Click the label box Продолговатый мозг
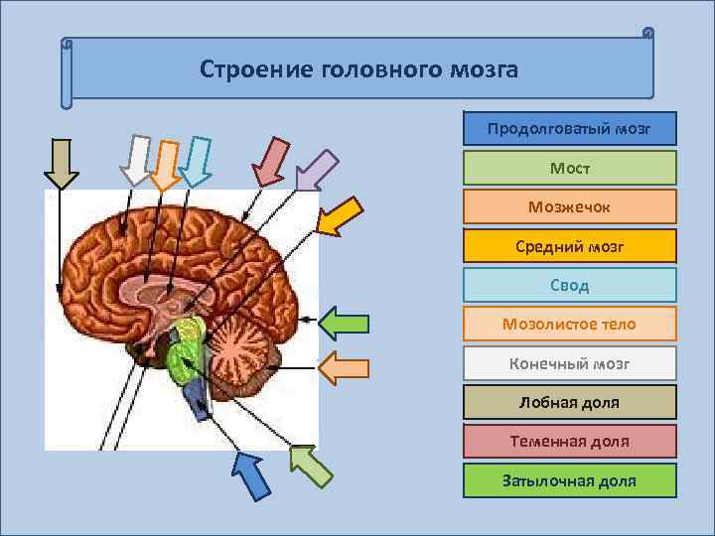pos(569,128)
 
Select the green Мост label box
pos(569,168)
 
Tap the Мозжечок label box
pos(569,206)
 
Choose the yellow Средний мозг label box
pos(569,245)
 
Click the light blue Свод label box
pos(569,285)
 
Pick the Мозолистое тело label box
pos(569,324)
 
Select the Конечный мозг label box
pos(569,363)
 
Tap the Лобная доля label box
pos(569,402)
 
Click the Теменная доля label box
pos(569,441)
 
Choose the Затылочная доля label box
pos(569,480)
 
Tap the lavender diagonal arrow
pos(316,169)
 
